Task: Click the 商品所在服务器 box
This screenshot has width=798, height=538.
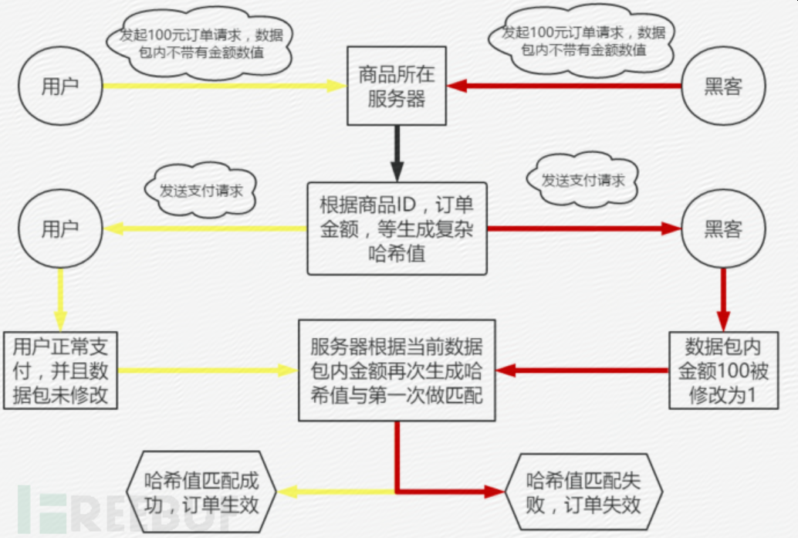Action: [x=397, y=86]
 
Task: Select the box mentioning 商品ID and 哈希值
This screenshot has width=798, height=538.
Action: [x=397, y=229]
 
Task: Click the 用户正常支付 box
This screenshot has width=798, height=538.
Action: [x=60, y=371]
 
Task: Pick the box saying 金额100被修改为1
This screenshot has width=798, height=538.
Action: [x=723, y=371]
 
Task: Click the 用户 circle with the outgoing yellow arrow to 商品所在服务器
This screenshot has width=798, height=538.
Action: [x=60, y=86]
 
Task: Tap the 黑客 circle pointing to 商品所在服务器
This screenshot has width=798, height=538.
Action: [x=723, y=86]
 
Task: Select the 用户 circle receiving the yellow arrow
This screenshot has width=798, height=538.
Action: [x=60, y=229]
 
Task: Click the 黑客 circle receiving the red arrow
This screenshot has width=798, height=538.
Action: [x=723, y=229]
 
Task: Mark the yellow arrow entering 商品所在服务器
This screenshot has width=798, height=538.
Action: [x=224, y=86]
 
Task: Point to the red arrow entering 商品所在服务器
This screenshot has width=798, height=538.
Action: [x=563, y=86]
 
